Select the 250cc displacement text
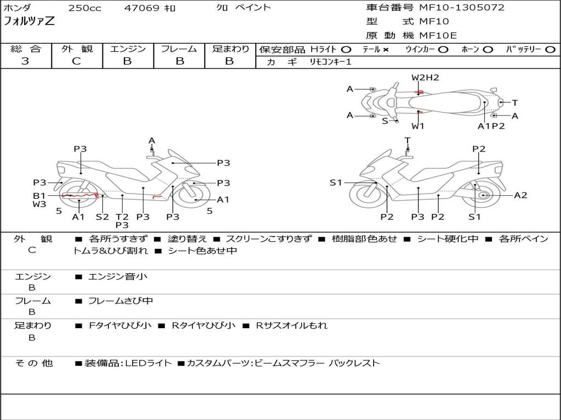[84, 8]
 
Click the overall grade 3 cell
[25, 61]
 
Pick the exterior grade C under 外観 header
[77, 61]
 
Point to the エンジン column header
[128, 49]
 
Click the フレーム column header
[179, 49]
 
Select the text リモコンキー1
[331, 62]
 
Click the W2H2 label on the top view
[425, 78]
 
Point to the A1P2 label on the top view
[491, 126]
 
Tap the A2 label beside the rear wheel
[520, 195]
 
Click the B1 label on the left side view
[39, 195]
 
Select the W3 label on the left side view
[39, 205]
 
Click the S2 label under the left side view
[102, 217]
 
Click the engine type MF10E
[438, 36]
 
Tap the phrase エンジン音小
[118, 277]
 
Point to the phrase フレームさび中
[121, 301]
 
